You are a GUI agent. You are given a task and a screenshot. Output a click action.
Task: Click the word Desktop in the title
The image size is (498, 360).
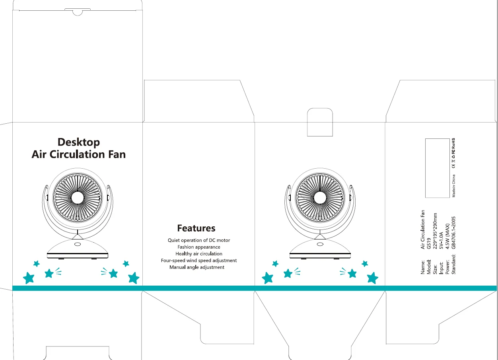point(79,142)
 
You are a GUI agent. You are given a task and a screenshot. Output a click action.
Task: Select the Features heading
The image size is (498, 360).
point(196,228)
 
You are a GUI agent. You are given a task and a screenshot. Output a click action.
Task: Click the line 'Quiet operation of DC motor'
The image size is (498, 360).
point(199,240)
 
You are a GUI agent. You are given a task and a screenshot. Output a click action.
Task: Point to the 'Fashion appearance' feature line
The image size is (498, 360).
point(199,247)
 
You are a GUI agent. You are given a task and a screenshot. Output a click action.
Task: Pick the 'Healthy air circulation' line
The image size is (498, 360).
point(199,254)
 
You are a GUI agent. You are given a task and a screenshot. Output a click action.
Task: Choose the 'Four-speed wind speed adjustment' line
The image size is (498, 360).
point(199,261)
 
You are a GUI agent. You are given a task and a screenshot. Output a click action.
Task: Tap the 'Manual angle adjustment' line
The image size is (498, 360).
point(197,267)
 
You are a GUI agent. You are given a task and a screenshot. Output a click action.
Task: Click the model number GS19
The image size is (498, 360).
point(429,243)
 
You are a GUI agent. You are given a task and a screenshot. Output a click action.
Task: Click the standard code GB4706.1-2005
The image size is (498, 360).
point(453,232)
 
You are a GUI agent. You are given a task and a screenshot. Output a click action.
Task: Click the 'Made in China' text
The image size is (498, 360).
point(453,186)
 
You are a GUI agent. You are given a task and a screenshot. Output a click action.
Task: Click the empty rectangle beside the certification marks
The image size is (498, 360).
point(437,168)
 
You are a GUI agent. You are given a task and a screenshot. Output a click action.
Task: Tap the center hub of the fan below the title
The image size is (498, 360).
point(78,197)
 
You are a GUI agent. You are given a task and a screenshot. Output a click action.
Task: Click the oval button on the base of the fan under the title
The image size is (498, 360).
point(77,245)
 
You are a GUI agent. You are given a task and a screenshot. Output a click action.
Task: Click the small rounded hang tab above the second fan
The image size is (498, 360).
point(320,122)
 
